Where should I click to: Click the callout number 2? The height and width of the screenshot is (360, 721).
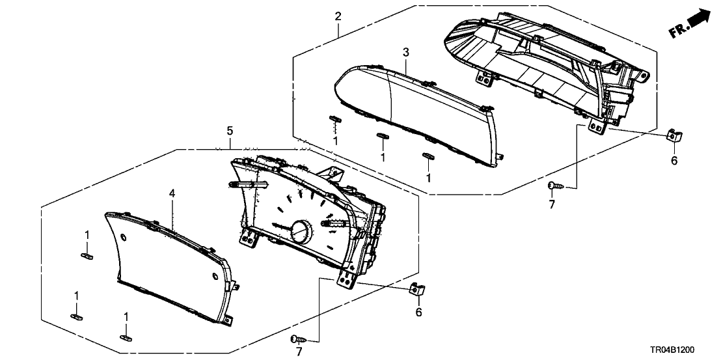pos(338,16)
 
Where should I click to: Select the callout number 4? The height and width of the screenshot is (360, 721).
pos(172,193)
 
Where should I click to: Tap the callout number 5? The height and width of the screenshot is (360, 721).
pos(230,131)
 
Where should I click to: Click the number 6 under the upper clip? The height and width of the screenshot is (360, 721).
pos(674,160)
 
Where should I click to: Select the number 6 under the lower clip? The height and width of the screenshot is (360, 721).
pos(418,312)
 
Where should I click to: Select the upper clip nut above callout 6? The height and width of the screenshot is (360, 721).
pos(673,137)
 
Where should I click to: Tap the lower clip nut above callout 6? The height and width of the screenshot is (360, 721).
pos(416,289)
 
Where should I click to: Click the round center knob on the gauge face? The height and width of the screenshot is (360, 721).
pos(301,231)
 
